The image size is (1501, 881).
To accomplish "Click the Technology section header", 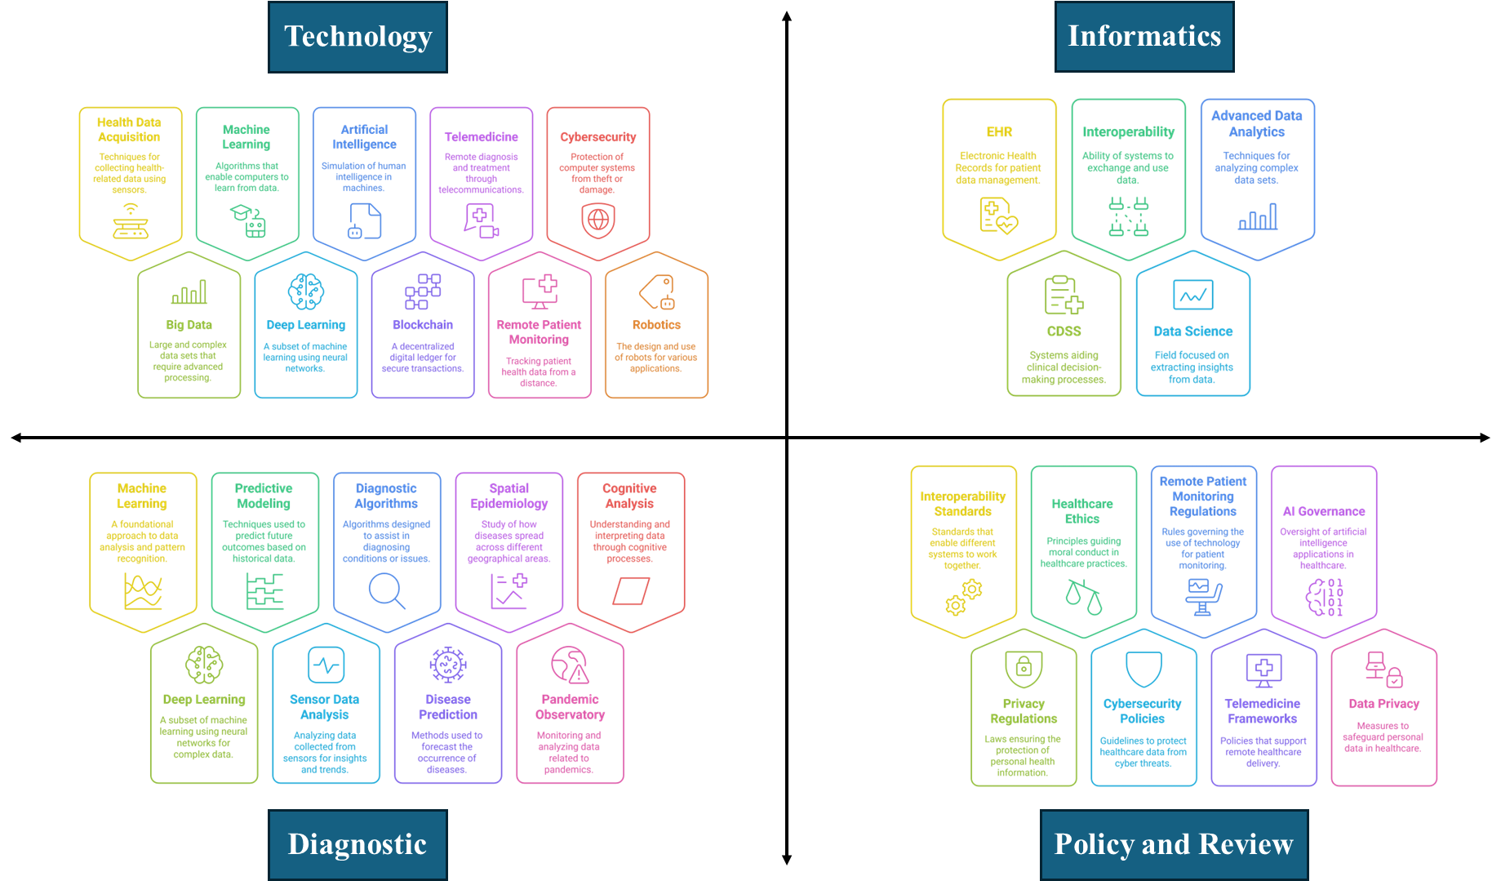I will (357, 37).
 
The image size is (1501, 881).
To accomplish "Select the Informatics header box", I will (1144, 37).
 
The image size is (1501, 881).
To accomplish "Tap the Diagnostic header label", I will (357, 844).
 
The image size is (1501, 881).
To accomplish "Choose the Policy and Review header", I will (1173, 844).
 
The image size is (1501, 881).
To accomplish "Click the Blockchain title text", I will (422, 325).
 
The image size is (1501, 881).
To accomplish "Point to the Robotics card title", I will (656, 325).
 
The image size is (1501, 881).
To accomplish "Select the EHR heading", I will (999, 132).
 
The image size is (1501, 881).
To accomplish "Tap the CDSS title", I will (1064, 331).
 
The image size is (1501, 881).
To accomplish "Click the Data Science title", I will (1192, 331).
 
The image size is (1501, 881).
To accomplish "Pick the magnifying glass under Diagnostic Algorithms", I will (387, 590).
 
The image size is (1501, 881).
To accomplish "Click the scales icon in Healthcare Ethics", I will (1083, 597).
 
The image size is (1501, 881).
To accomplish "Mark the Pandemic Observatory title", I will (570, 707).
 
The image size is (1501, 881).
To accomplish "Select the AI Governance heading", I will (1323, 511).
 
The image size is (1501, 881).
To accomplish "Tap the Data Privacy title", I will (1383, 704).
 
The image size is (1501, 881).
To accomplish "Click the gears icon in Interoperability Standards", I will (963, 597).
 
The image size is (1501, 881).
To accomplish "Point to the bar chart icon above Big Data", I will (189, 292).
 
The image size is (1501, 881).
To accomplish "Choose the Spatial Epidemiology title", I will (508, 496).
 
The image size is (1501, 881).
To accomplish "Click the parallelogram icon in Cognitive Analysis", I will (631, 590).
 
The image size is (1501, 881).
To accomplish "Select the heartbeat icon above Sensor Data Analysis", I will (326, 665).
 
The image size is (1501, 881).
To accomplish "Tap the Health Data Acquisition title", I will (129, 130).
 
